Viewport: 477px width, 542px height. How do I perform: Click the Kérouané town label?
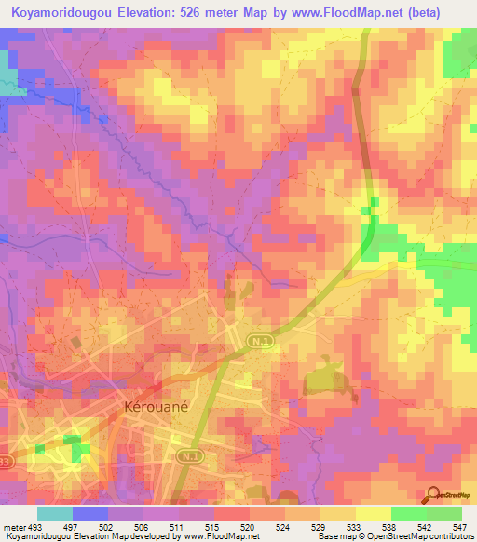[x=152, y=407]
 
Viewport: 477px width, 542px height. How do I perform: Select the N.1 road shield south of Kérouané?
[x=190, y=455]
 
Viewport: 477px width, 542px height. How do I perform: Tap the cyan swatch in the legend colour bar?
[x=55, y=514]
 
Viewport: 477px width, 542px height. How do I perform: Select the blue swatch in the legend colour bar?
[x=90, y=514]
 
